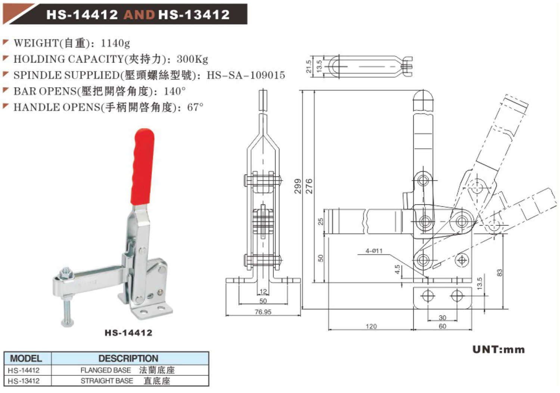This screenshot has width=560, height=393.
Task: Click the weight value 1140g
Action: pyautogui.click(x=115, y=43)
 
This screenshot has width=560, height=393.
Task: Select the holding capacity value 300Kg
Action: pyautogui.click(x=192, y=59)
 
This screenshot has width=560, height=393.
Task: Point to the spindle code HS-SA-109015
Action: pyautogui.click(x=246, y=75)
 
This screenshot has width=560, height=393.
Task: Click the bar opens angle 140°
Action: pyautogui.click(x=174, y=91)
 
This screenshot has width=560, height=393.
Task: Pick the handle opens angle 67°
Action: pyautogui.click(x=195, y=107)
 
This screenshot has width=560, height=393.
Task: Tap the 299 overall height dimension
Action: pyautogui.click(x=298, y=186)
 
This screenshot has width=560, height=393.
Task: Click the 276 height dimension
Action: pyautogui.click(x=309, y=186)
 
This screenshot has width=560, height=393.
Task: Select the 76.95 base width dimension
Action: pyautogui.click(x=263, y=312)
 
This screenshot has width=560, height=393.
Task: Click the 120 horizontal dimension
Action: pyautogui.click(x=371, y=326)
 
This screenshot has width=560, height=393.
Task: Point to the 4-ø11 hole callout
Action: pyautogui.click(x=374, y=251)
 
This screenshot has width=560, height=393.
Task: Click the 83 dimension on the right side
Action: pyautogui.click(x=500, y=273)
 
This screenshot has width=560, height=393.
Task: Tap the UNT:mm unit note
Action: pyautogui.click(x=498, y=350)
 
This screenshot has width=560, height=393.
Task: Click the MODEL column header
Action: pyautogui.click(x=26, y=358)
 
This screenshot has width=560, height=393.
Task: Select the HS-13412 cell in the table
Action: pyautogui.click(x=24, y=381)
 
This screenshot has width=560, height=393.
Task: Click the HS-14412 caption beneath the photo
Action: pyautogui.click(x=128, y=333)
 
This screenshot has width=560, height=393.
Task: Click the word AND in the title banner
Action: pyautogui.click(x=139, y=15)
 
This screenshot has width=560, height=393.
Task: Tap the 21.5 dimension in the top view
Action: pyautogui.click(x=308, y=67)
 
